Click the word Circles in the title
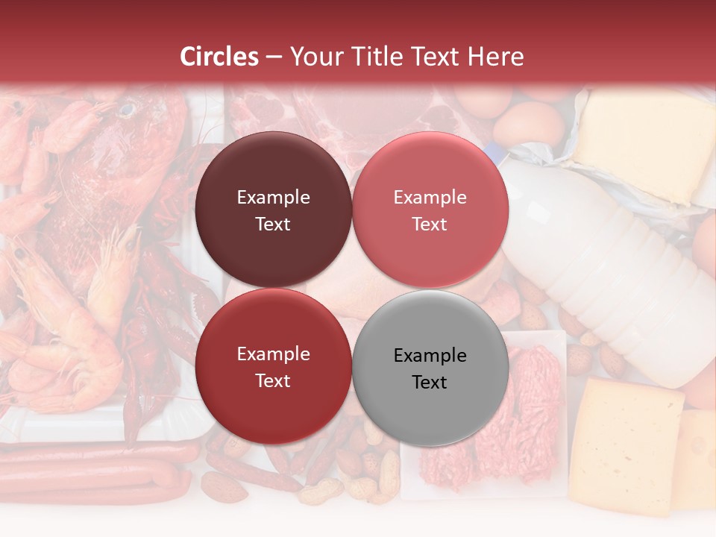tap(219, 57)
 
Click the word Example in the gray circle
tap(430, 355)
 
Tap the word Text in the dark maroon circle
tap(273, 224)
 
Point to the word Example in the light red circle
tap(430, 198)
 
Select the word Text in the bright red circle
tap(273, 380)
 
